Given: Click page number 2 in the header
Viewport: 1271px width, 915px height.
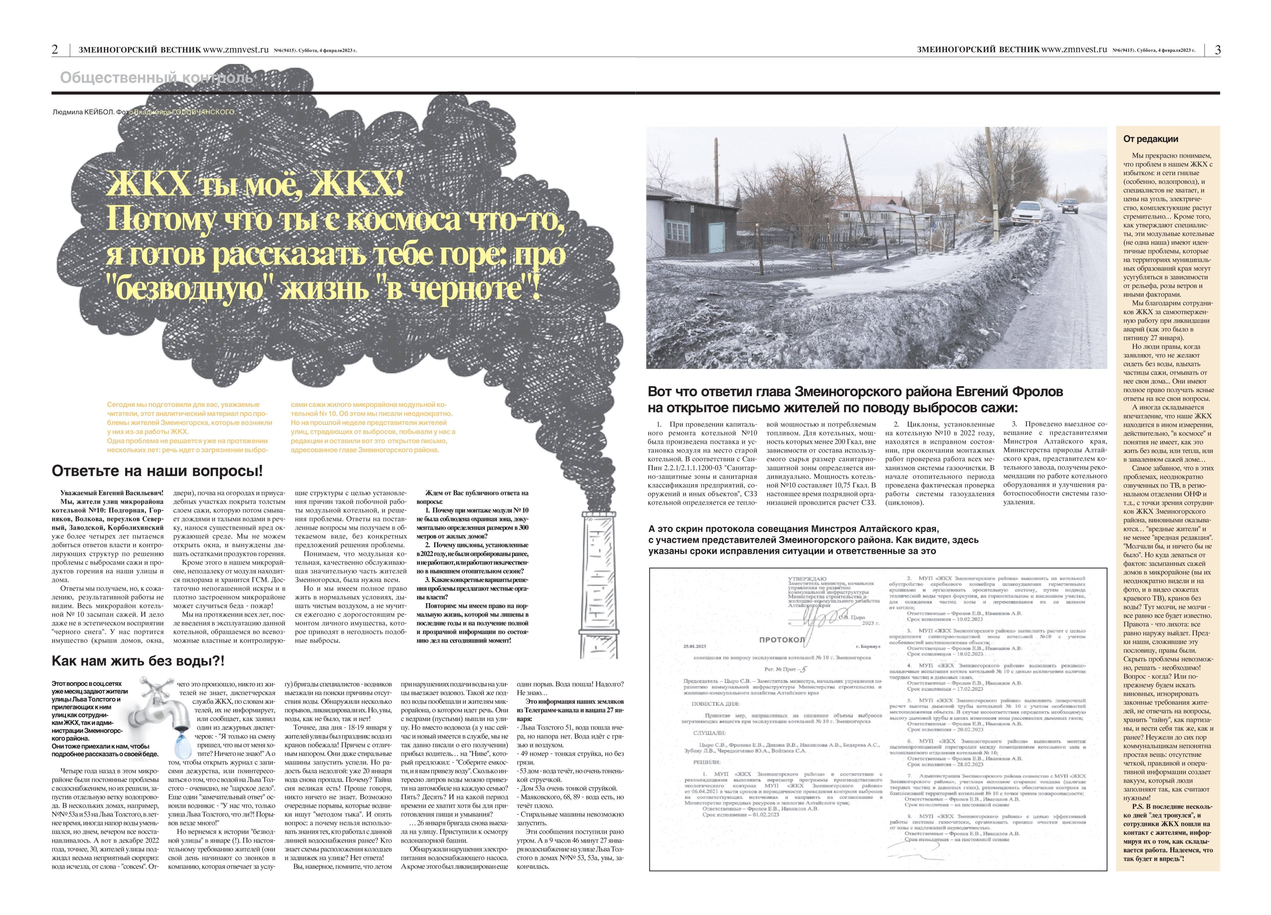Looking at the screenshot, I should pos(55,50).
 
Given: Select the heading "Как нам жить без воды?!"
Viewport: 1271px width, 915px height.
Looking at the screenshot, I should pos(138,661).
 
